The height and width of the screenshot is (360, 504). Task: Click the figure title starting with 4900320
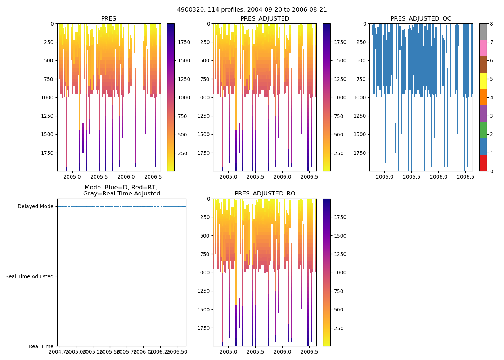click(252, 10)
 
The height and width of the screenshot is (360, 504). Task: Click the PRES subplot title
click(108, 19)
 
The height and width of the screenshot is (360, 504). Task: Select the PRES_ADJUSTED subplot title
click(265, 19)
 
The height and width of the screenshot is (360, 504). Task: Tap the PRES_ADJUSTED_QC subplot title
click(421, 19)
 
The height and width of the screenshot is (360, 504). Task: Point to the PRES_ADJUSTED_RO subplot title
click(265, 194)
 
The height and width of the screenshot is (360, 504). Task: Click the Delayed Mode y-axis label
click(35, 207)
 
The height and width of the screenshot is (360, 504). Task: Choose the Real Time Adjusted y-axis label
click(30, 276)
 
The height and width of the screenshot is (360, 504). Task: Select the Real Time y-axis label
click(41, 347)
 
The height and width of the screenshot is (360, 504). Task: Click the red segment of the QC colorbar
click(483, 163)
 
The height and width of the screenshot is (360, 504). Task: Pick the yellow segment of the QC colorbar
click(483, 81)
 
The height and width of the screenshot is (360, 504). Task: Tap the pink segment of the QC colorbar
click(483, 48)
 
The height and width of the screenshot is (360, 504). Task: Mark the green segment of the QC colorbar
click(483, 130)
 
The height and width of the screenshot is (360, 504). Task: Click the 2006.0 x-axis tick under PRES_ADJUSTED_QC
click(438, 177)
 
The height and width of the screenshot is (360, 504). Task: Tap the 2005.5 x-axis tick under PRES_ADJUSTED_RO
click(256, 352)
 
